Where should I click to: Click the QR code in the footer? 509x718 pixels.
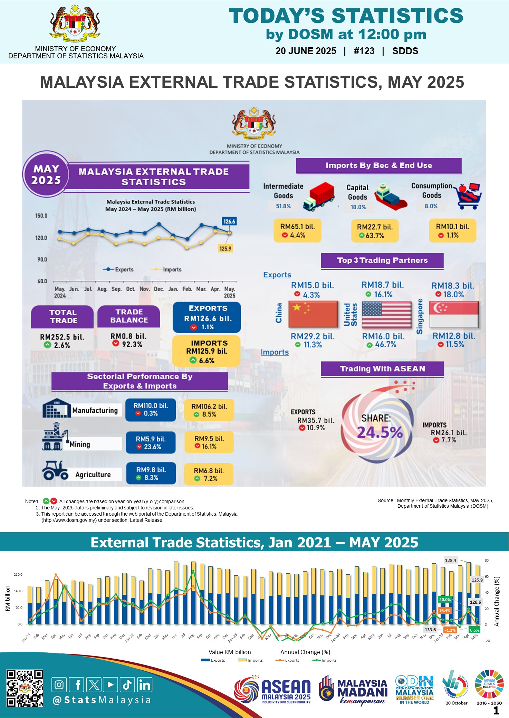click(25, 688)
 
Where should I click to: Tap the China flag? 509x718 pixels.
click(313, 314)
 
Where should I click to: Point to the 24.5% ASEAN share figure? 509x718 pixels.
click(380, 432)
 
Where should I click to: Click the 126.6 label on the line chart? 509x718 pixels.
click(229, 221)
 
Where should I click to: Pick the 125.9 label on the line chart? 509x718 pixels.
click(225, 248)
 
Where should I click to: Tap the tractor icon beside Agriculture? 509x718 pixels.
click(55, 470)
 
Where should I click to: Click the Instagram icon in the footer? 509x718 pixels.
click(59, 685)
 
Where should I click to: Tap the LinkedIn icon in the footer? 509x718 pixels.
click(145, 685)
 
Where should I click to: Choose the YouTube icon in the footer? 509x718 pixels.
click(111, 685)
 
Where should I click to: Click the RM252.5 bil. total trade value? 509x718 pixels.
click(62, 337)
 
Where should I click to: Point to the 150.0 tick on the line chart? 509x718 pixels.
click(41, 216)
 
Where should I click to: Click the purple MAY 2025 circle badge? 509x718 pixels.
click(46, 174)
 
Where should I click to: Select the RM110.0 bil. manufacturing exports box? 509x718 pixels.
click(151, 410)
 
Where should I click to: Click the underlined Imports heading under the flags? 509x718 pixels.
click(275, 352)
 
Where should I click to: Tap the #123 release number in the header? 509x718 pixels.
click(364, 51)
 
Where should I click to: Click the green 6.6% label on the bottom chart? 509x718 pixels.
click(474, 630)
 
